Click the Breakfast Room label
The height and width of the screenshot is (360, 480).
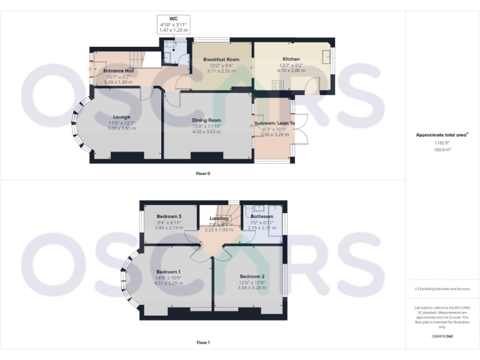tap(221, 59)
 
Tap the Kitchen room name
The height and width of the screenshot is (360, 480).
tap(291, 59)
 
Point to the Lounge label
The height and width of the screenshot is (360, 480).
tap(121, 117)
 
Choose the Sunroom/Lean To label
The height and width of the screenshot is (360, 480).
tap(275, 124)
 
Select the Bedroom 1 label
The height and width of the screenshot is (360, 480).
tap(169, 272)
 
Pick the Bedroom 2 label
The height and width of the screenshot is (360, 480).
tap(252, 276)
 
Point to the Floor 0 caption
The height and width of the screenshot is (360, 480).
tap(203, 173)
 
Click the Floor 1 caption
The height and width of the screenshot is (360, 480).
tap(203, 342)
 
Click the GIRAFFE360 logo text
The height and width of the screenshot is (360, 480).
tap(442, 337)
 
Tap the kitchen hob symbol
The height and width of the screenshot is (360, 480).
tap(275, 86)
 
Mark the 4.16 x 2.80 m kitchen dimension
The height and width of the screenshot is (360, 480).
tap(291, 70)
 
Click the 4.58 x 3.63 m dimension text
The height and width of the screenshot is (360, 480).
tap(206, 131)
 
